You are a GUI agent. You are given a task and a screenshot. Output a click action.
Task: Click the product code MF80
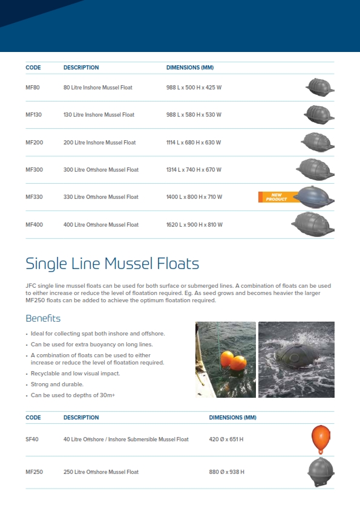click(33, 88)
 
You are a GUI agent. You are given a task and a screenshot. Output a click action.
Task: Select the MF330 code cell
click(34, 197)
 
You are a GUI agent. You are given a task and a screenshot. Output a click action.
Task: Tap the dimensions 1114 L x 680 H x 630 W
click(194, 143)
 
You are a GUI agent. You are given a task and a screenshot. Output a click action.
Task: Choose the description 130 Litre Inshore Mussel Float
click(99, 115)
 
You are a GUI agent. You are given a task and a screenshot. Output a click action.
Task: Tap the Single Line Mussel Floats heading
click(112, 264)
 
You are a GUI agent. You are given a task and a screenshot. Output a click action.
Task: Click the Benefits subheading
click(43, 318)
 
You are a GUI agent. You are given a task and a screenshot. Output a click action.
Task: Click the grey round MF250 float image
click(320, 472)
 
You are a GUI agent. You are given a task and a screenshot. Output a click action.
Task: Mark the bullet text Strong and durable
click(57, 384)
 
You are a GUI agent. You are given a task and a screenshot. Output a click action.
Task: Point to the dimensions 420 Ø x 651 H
click(226, 439)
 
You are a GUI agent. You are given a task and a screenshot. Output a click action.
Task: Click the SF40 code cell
click(32, 439)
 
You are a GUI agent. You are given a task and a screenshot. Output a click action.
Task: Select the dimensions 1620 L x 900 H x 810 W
click(194, 225)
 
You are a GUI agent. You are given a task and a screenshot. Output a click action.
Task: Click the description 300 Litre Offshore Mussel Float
click(101, 170)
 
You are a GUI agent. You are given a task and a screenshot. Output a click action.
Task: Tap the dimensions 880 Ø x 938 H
click(227, 472)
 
